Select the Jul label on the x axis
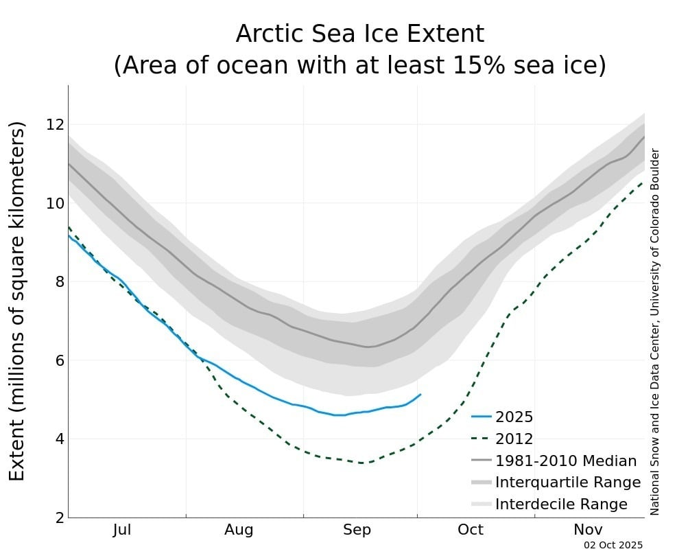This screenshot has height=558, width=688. pyautogui.click(x=121, y=530)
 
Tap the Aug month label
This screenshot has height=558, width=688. pyautogui.click(x=239, y=530)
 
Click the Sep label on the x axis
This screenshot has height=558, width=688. pyautogui.click(x=357, y=530)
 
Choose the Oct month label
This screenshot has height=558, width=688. pyautogui.click(x=471, y=530)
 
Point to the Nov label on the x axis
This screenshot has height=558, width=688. pyautogui.click(x=588, y=530)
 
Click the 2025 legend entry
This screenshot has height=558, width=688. pyautogui.click(x=514, y=417)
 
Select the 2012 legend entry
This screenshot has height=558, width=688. pyautogui.click(x=514, y=439)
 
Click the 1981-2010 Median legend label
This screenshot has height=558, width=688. pyautogui.click(x=565, y=461)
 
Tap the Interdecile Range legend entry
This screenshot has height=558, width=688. pyautogui.click(x=560, y=504)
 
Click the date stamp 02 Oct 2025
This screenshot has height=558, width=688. pyautogui.click(x=613, y=545)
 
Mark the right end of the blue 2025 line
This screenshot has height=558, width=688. pyautogui.click(x=420, y=395)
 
